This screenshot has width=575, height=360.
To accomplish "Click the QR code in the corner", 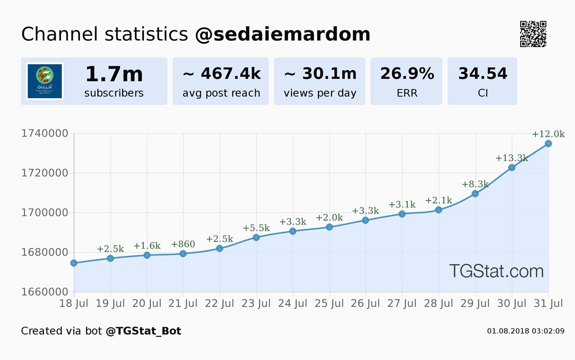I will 533,34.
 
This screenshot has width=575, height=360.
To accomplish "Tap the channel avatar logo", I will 45,81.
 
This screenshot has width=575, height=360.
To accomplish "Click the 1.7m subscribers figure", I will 114,74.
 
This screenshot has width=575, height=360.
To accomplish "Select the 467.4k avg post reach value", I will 221,74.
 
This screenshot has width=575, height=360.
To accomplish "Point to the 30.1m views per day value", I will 320,74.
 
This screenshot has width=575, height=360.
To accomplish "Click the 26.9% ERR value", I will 407,74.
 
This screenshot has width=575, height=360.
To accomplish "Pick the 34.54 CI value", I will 482,74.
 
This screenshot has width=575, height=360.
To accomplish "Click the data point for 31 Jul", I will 548,144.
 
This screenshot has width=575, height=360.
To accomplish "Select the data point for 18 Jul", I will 74,263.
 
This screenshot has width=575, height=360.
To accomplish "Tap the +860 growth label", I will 183,245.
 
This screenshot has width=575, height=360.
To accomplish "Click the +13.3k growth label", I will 512,158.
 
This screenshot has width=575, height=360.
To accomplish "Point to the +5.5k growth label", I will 256,228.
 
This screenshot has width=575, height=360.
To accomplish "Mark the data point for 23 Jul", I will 256,237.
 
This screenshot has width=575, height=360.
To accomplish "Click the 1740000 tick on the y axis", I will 44,133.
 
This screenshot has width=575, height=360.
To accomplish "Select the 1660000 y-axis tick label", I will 44,292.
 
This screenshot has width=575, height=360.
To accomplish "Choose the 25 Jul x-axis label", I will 330,304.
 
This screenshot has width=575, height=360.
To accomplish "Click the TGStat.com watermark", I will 496,271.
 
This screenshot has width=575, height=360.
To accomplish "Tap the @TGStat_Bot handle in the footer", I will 143,331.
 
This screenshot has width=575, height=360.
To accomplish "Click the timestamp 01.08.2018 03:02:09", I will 525,331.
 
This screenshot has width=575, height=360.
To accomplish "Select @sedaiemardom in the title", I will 283,35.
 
